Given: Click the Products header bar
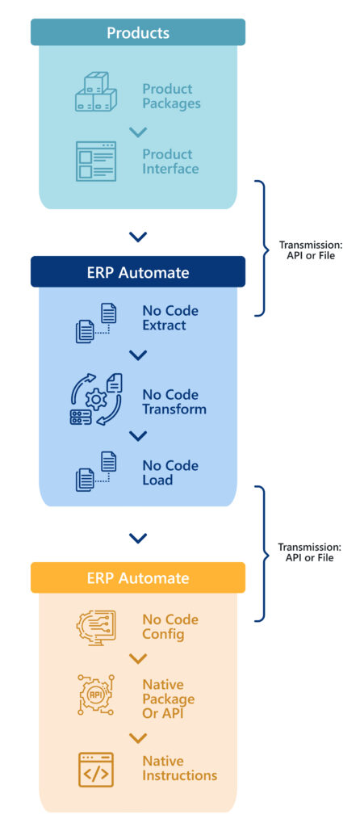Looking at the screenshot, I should [138, 32].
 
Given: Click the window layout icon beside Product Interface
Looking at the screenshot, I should [96, 161].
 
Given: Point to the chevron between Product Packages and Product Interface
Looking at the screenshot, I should [138, 132].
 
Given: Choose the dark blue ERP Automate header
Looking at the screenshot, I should [138, 272].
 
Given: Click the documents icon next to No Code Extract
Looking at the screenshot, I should [96, 321].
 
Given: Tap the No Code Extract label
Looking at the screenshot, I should [170, 318].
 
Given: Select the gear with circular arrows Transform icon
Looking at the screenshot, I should [96, 399].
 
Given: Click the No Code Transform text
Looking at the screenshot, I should [174, 401].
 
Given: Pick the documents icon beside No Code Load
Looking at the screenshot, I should [96, 472].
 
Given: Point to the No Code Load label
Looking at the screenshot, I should [170, 472].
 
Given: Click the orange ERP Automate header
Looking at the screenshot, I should [138, 577].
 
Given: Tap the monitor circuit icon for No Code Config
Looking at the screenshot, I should [96, 628].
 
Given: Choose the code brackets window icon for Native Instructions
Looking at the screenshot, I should [96, 769].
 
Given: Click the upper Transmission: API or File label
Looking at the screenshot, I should [310, 250].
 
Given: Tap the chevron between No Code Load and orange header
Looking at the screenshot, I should [138, 538].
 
